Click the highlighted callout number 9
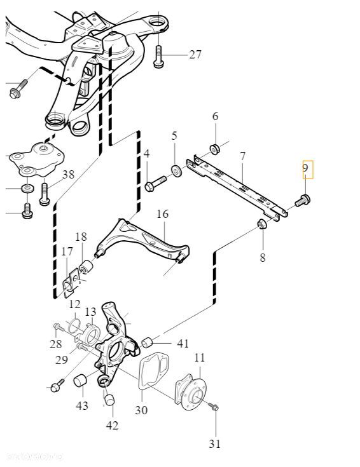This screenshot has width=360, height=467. click(x=305, y=169)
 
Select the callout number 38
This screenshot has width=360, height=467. click(x=68, y=174)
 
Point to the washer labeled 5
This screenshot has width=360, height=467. click(x=175, y=170)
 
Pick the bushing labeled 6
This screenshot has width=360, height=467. click(x=215, y=149)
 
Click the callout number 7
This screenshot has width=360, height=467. click(x=242, y=156)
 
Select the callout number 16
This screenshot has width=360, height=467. click(x=163, y=214)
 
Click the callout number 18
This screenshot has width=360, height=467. click(x=81, y=237)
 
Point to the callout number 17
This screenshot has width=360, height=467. click(x=67, y=252)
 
